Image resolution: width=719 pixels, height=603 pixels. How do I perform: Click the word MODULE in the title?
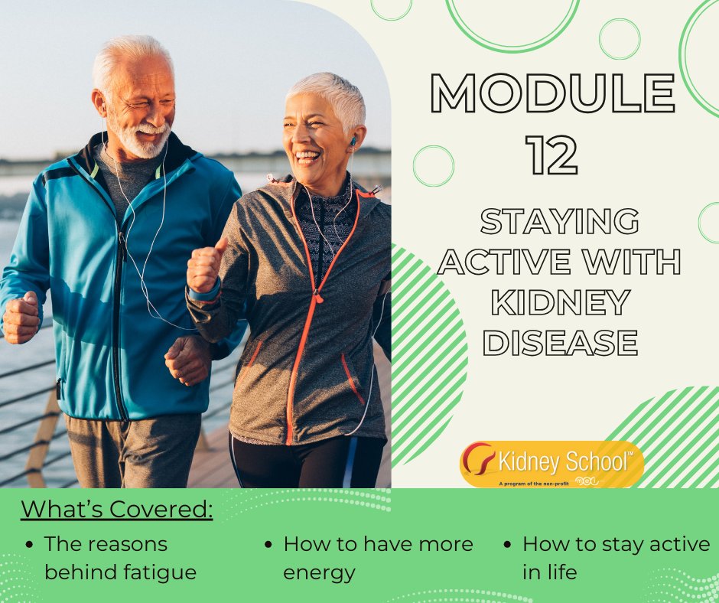(x=553, y=93)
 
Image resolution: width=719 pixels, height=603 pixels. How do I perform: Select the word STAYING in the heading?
(x=559, y=222)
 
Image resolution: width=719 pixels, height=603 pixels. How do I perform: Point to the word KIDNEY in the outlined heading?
(x=560, y=302)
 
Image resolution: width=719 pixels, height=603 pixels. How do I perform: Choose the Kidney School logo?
(x=551, y=464)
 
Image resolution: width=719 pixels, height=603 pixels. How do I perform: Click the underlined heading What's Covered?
(x=116, y=509)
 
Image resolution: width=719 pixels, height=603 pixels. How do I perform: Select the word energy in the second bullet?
(x=319, y=572)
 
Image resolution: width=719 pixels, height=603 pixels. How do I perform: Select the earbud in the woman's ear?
(x=353, y=142)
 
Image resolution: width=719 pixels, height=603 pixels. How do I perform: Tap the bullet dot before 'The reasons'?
(x=29, y=545)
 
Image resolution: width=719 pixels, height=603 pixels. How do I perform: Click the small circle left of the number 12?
(x=433, y=165)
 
